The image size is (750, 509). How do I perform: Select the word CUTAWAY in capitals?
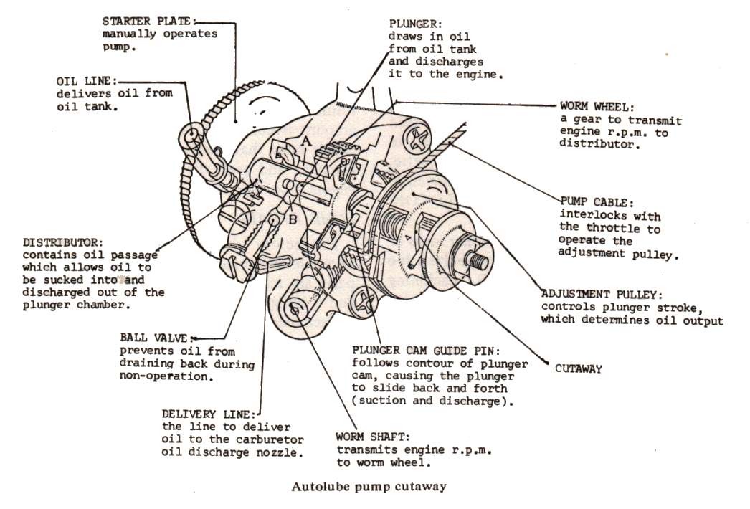pos(579,368)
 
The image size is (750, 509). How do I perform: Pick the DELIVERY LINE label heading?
pos(207,413)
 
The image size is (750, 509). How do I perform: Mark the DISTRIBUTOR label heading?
pos(63,242)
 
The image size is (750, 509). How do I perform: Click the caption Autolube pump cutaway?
pos(369,487)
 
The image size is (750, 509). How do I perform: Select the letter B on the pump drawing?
pos(292,220)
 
